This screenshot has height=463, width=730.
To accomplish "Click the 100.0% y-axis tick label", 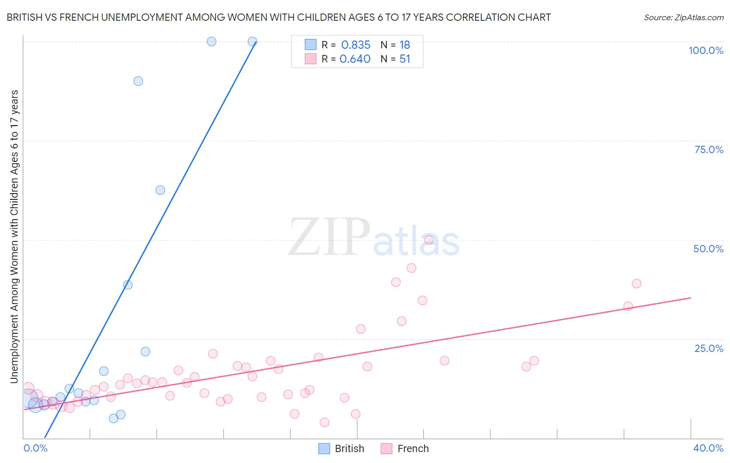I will (x=706, y=50).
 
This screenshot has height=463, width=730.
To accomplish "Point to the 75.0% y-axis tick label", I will (x=709, y=149).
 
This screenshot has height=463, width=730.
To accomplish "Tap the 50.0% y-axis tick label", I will (x=708, y=249).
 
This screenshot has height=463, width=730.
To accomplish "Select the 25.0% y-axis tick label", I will (x=709, y=348).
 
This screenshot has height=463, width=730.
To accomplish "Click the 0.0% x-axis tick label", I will (x=35, y=448).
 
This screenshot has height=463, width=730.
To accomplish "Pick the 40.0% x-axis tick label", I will (x=708, y=448).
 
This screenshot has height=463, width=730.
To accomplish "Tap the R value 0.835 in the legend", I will (x=356, y=45).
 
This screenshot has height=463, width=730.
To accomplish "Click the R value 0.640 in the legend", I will (x=355, y=59).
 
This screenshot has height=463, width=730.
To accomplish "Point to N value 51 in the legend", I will (x=404, y=59).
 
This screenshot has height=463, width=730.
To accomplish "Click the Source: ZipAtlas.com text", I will (x=683, y=17).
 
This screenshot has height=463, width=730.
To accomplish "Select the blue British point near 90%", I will (x=138, y=81).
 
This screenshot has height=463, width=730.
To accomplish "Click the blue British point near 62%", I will (x=160, y=190).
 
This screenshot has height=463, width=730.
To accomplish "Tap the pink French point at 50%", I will (x=429, y=240).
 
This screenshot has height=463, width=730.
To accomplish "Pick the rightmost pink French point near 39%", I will (x=637, y=283).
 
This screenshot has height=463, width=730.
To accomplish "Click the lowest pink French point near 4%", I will (x=325, y=423).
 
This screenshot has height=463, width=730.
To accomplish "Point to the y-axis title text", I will (x=14, y=237).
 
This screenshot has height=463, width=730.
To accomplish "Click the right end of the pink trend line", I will (x=691, y=298).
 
